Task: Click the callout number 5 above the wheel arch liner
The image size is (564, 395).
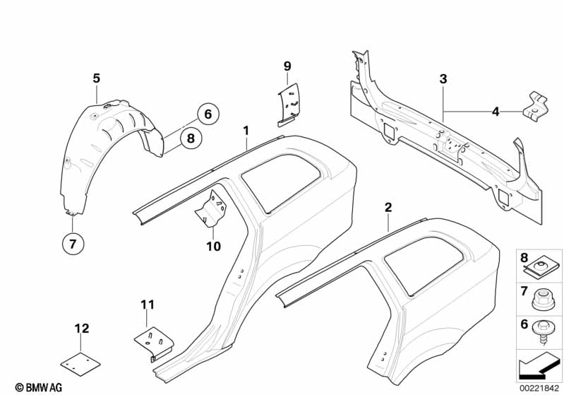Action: pyautogui.click(x=96, y=78)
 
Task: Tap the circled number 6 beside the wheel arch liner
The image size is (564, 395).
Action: pyautogui.click(x=208, y=113)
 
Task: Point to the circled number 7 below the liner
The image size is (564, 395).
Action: pyautogui.click(x=72, y=244)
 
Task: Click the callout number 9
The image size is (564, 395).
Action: pyautogui.click(x=287, y=66)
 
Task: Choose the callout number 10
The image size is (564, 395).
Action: pyautogui.click(x=213, y=247)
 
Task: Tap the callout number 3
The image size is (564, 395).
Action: pyautogui.click(x=443, y=79)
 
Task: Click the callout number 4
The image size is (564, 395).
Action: pyautogui.click(x=496, y=111)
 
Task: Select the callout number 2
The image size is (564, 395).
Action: pyautogui.click(x=388, y=207)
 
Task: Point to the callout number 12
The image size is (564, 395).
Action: pyautogui.click(x=82, y=328)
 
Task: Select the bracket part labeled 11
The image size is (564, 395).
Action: pyautogui.click(x=157, y=343)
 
